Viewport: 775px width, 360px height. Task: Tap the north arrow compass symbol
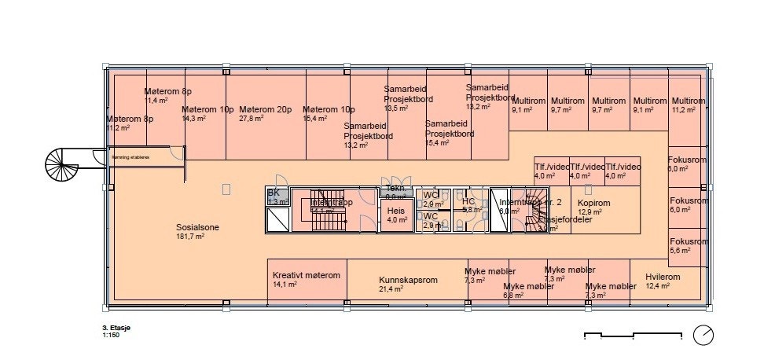click(x=703, y=336)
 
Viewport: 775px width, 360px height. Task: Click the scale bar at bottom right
click(x=633, y=336)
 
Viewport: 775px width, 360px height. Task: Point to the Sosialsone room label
click(x=197, y=228)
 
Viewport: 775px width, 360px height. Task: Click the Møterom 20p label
click(x=265, y=109)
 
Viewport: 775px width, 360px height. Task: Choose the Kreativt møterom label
click(x=306, y=276)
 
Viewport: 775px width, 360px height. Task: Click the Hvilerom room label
click(x=662, y=277)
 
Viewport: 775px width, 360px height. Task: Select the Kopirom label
click(x=594, y=202)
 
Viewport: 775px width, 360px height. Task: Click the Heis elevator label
click(x=395, y=211)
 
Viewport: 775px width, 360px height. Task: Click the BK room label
click(x=274, y=193)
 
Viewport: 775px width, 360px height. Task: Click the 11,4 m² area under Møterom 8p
click(x=156, y=101)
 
